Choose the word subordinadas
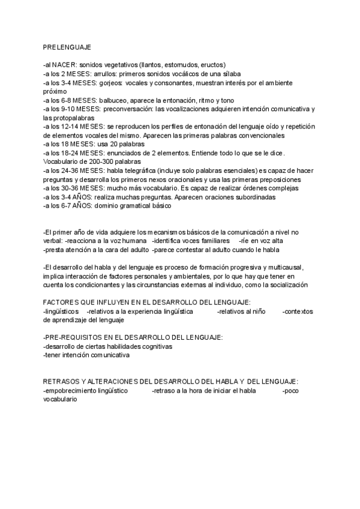248,197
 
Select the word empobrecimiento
73,391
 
